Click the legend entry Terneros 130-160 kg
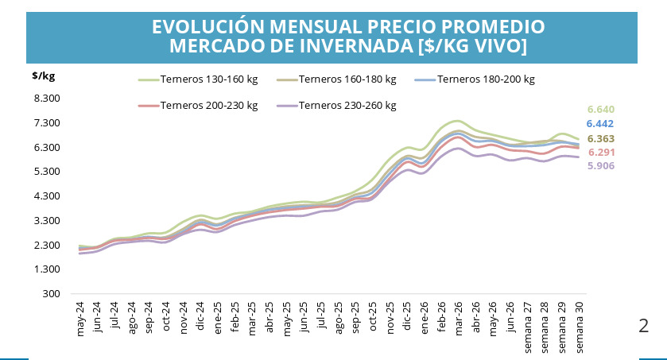click(x=198, y=79)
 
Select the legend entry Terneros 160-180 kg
click(x=336, y=79)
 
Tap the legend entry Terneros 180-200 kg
click(x=475, y=79)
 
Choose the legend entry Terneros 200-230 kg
click(x=198, y=106)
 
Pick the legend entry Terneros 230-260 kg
click(x=336, y=106)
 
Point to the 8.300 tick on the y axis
click(x=47, y=99)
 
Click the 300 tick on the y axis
click(x=51, y=294)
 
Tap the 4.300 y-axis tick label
click(x=47, y=196)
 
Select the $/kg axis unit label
click(x=44, y=76)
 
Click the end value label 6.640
click(x=601, y=110)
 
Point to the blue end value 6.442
click(x=599, y=124)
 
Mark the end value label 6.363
click(x=601, y=139)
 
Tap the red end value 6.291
click(x=602, y=153)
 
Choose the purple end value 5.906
click(x=601, y=166)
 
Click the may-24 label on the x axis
click(x=80, y=319)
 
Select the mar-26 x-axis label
click(x=458, y=319)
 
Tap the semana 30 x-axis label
click(x=579, y=327)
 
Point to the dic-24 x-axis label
click(x=200, y=316)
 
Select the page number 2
click(x=644, y=326)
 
